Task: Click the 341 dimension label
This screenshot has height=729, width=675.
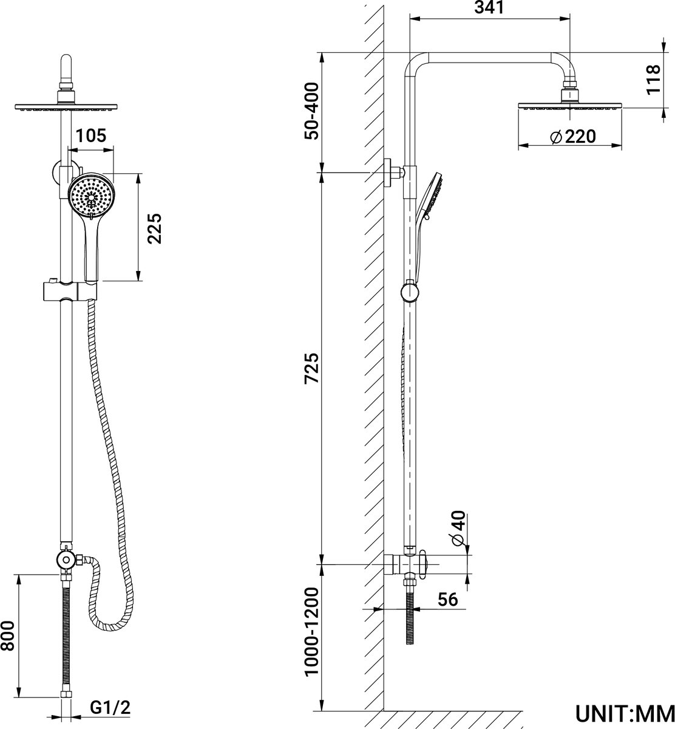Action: (x=489, y=7)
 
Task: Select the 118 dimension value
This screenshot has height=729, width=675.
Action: (x=653, y=80)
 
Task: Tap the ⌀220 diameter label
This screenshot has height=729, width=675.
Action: (x=573, y=137)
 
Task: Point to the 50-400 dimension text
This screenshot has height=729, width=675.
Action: (x=311, y=111)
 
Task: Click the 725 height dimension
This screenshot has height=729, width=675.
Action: (x=311, y=368)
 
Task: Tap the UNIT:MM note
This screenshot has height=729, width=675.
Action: (x=625, y=714)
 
